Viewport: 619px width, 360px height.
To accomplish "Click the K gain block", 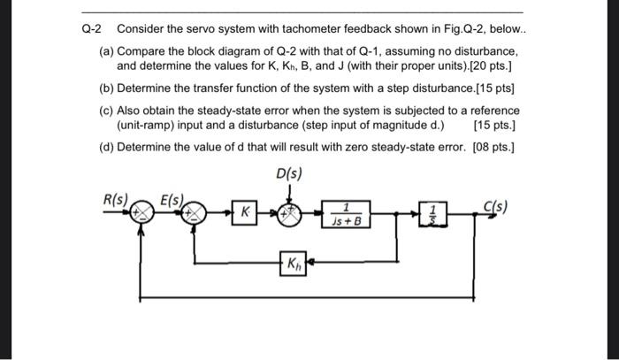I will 247,212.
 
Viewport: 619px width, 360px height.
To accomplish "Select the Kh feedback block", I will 293,264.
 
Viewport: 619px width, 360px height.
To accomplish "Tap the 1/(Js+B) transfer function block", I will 347,213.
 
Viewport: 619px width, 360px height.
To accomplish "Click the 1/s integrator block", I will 432,213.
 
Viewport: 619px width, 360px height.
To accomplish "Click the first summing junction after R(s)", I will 140,212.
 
